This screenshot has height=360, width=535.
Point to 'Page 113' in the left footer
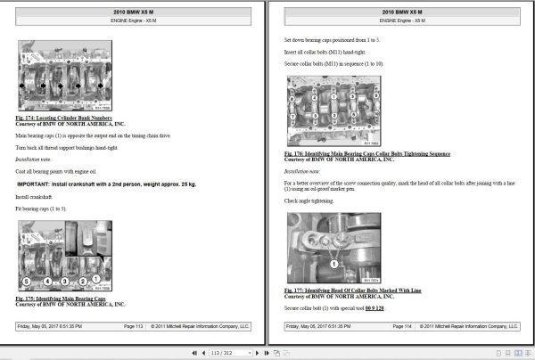click(x=133, y=327)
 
